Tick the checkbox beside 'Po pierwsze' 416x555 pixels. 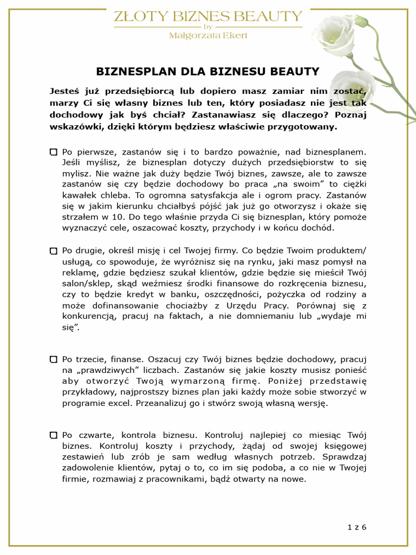pos(53,153)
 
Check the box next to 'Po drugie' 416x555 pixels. pos(53,251)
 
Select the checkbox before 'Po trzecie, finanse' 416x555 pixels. pos(53,359)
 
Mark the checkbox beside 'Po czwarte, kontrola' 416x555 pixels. pos(53,435)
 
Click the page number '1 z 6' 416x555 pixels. pos(357,527)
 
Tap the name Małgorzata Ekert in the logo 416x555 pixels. pos(208,36)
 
